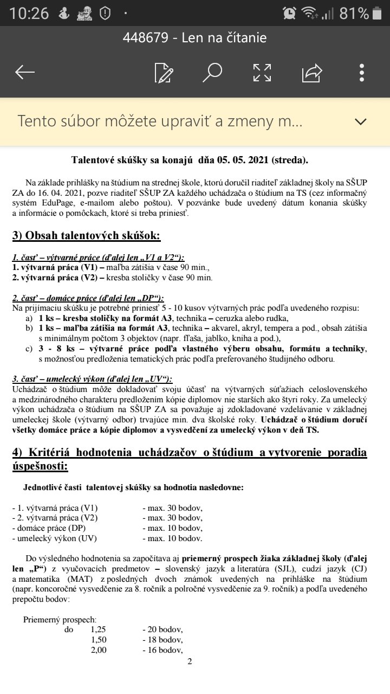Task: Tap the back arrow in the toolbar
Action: click(25, 72)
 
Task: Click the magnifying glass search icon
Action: click(212, 72)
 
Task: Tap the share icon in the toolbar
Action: click(312, 72)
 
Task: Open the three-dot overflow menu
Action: click(362, 72)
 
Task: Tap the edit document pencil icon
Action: click(164, 72)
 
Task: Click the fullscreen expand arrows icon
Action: click(262, 72)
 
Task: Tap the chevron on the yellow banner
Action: click(360, 121)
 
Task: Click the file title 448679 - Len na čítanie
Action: click(194, 38)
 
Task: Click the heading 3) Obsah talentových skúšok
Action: click(87, 236)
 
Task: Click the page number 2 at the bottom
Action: click(190, 661)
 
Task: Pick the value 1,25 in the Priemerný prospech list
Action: click(99, 629)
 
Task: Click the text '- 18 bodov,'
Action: click(162, 640)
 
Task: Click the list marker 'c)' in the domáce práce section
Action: click(29, 349)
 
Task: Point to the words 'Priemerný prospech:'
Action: click(60, 619)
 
